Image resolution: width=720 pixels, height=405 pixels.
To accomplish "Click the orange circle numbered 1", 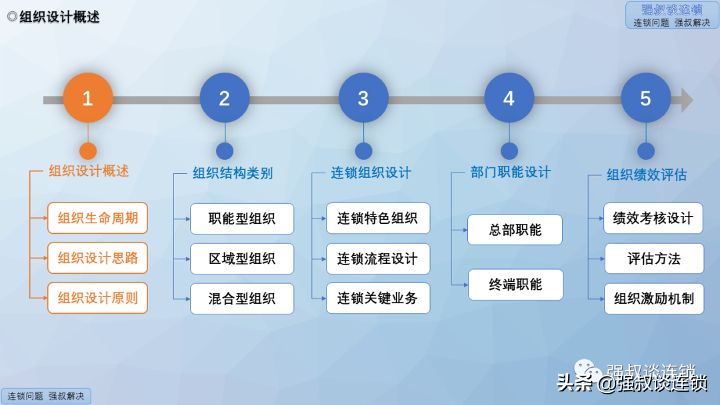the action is (x=88, y=98).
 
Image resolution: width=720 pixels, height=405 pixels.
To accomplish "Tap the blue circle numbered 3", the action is (x=363, y=98).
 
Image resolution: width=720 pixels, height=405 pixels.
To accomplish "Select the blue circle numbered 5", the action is (x=645, y=98).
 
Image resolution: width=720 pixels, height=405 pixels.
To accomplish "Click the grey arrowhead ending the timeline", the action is (x=687, y=100).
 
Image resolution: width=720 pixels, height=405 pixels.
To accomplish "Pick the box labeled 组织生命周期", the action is (x=97, y=218).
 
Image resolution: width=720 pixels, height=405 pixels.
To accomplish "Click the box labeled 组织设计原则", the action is (x=97, y=298).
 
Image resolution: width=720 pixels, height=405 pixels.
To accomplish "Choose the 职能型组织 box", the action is (x=242, y=218).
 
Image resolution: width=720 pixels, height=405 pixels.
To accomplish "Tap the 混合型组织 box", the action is (x=242, y=298).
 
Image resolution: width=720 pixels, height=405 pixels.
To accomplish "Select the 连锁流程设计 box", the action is (x=378, y=258).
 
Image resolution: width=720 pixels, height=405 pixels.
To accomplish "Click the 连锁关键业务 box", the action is (x=378, y=298).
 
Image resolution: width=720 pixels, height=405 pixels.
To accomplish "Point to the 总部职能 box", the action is (x=515, y=230).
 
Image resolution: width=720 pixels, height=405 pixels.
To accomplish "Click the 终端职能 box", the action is (x=515, y=285).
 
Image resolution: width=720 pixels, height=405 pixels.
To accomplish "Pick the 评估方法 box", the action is (x=654, y=258).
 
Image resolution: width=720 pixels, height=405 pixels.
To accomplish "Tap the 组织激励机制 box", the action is (x=654, y=298).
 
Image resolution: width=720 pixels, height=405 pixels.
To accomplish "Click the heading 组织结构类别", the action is (x=233, y=173).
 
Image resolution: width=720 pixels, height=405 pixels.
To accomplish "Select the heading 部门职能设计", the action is (x=511, y=173).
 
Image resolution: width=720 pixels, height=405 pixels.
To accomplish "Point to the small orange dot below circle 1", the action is (x=88, y=151).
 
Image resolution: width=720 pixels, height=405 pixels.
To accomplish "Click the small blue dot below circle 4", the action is (x=509, y=151).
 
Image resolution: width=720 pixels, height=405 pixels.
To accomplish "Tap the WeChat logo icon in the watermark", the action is (x=588, y=370).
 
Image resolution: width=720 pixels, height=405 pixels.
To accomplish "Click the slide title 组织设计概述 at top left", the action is (x=59, y=17).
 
